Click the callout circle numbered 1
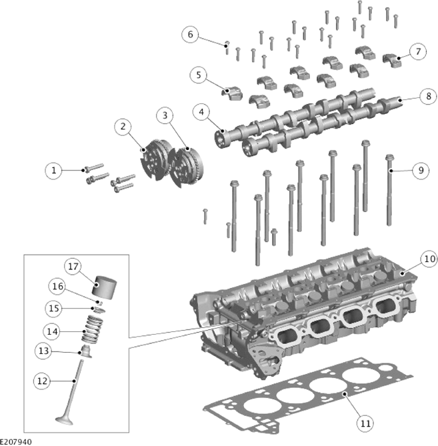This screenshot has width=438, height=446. click(53, 171)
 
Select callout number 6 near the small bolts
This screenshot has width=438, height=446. click(190, 35)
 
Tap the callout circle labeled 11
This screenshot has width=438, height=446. click(365, 423)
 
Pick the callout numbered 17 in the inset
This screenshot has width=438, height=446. click(73, 267)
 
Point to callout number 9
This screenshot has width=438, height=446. click(421, 171)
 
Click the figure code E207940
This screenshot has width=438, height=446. click(16, 442)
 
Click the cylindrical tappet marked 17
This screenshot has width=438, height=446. click(105, 287)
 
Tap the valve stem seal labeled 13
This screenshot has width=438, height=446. click(86, 351)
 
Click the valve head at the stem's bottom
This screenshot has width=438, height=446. click(65, 419)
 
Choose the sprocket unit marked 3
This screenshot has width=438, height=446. click(185, 167)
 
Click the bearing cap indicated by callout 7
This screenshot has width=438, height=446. click(392, 60)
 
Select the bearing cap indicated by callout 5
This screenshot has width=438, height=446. click(232, 93)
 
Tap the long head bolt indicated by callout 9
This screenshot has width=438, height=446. click(389, 190)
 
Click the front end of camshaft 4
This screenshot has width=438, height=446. click(221, 139)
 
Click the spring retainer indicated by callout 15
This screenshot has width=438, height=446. click(99, 310)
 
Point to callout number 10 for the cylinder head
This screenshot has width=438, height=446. click(429, 259)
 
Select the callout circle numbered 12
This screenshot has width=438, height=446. click(42, 381)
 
